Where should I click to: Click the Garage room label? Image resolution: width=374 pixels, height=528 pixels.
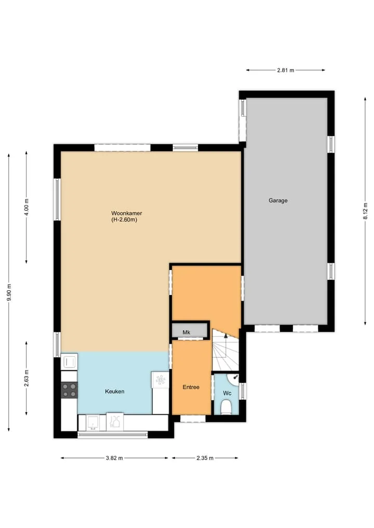(x=278, y=200)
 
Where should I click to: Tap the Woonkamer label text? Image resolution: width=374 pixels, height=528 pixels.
(x=127, y=213)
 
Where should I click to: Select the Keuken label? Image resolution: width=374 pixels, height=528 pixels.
(x=115, y=391)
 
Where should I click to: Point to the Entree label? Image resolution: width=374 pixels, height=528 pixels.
(x=191, y=387)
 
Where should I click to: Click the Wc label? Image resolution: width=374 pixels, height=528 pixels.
(x=227, y=394)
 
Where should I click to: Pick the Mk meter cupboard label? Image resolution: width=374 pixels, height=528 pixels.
(x=186, y=332)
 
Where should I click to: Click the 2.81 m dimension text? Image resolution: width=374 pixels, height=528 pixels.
(x=286, y=71)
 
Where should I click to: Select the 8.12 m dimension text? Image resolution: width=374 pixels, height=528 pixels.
(x=365, y=211)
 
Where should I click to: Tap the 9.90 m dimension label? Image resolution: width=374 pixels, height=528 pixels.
(x=9, y=292)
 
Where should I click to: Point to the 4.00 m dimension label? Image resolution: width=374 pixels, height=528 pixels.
(x=26, y=207)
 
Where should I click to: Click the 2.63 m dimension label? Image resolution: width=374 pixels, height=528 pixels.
(x=26, y=378)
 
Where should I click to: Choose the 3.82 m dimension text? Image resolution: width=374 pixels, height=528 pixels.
(x=114, y=458)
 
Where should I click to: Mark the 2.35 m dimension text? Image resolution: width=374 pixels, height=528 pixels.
(x=205, y=458)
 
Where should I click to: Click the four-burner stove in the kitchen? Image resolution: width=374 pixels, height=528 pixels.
(x=69, y=390)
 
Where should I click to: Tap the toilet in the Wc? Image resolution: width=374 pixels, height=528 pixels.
(x=226, y=407)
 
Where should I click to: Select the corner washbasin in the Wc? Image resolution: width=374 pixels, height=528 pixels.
(x=233, y=378)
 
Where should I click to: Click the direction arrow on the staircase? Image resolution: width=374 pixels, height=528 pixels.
(x=226, y=335)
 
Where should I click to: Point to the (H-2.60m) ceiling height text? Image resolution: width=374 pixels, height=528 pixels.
(x=124, y=220)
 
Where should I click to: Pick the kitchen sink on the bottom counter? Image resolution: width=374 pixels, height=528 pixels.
(x=92, y=423)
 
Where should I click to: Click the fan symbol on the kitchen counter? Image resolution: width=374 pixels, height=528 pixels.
(x=160, y=380)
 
